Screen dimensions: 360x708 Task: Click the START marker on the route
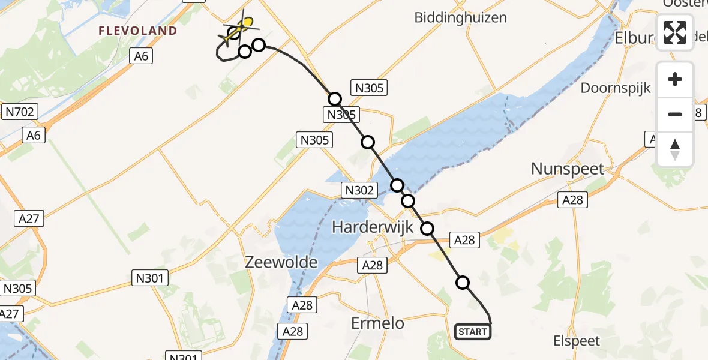(x=473, y=332)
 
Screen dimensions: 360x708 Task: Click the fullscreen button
(x=675, y=32)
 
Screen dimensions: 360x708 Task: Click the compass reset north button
(x=675, y=149)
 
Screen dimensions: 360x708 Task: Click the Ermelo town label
(x=377, y=323)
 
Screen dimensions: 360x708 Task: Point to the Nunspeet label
(x=568, y=169)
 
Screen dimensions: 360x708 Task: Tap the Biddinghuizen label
(x=460, y=17)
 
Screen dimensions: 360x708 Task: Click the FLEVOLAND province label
(x=138, y=31)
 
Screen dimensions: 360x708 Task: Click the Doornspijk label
(x=616, y=88)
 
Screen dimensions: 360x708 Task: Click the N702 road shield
(x=20, y=111)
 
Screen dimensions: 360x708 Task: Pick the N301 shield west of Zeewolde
(x=150, y=278)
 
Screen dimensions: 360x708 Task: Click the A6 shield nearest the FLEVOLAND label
(x=142, y=56)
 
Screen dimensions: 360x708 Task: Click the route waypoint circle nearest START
(x=463, y=283)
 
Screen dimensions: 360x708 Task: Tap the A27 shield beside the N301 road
(x=29, y=218)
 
